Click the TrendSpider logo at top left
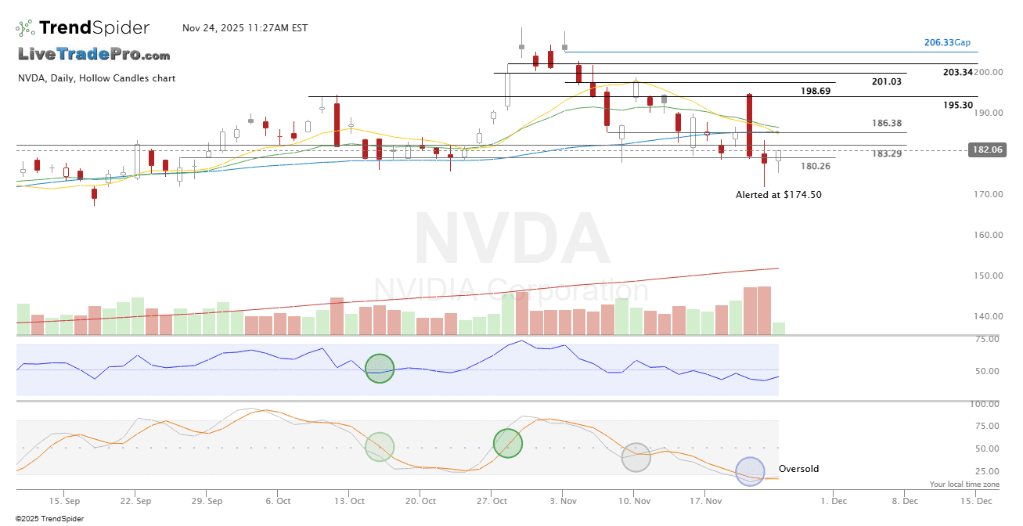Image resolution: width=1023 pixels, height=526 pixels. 82,28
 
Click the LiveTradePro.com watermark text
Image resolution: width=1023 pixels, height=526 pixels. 94,54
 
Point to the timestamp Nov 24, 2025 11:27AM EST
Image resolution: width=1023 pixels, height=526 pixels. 245,28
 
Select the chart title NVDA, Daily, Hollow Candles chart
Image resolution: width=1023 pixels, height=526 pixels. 96,78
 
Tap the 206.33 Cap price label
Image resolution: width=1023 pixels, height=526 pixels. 947,42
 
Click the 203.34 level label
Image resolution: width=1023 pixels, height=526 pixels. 958,72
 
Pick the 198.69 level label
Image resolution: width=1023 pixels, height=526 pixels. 815,91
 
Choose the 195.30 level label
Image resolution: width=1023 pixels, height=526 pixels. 958,105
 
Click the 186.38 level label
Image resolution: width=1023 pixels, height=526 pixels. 887,124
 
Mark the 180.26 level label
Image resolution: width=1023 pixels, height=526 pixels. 816,166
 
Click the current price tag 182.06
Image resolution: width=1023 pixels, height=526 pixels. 987,150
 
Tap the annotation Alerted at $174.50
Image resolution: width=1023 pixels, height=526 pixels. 779,194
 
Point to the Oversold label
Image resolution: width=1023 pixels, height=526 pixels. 798,469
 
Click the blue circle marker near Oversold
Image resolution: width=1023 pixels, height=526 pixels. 750,471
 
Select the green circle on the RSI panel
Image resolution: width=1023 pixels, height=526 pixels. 380,368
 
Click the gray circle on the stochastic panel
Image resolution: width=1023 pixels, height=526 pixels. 636,456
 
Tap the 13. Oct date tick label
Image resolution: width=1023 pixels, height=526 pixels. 350,500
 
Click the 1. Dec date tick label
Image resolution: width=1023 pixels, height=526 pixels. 834,500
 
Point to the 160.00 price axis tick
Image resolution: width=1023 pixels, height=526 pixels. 987,235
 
